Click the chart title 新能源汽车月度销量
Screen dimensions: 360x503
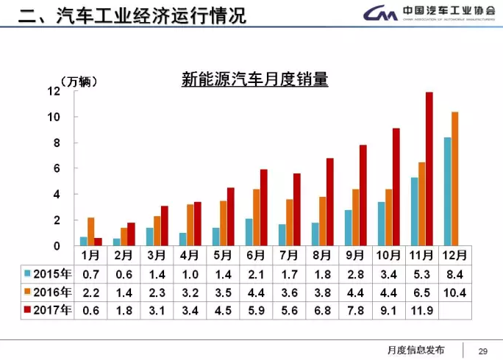pos(254,79)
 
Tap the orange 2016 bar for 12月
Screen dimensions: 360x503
pos(454,179)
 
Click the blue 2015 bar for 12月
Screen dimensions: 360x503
pos(447,191)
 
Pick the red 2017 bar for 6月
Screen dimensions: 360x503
pos(264,208)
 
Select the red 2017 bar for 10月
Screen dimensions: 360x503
pos(396,187)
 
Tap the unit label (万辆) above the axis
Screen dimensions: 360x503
pos(76,81)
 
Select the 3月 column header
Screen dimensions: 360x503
pos(156,255)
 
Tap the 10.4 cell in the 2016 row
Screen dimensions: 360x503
pos(455,292)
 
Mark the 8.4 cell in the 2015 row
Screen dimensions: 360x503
pos(455,273)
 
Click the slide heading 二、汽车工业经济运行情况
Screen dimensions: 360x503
pos(132,15)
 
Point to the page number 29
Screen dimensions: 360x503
pos(483,348)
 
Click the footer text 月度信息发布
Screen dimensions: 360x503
pos(415,348)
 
